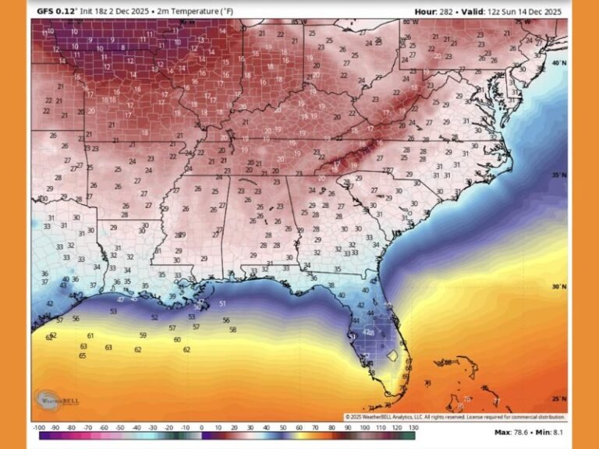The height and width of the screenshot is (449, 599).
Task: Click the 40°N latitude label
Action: [558, 62]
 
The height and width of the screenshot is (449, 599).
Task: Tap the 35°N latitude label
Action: [558, 176]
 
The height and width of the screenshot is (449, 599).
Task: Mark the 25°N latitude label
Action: [558, 398]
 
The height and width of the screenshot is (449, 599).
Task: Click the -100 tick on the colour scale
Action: [38, 428]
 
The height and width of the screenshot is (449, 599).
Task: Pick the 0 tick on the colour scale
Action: [201, 428]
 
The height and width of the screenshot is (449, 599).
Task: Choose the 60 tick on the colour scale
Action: [299, 428]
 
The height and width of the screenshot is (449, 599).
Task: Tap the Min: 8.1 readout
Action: [555, 432]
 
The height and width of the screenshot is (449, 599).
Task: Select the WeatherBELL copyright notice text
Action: [454, 417]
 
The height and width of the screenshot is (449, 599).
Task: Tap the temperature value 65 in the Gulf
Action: [82, 355]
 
